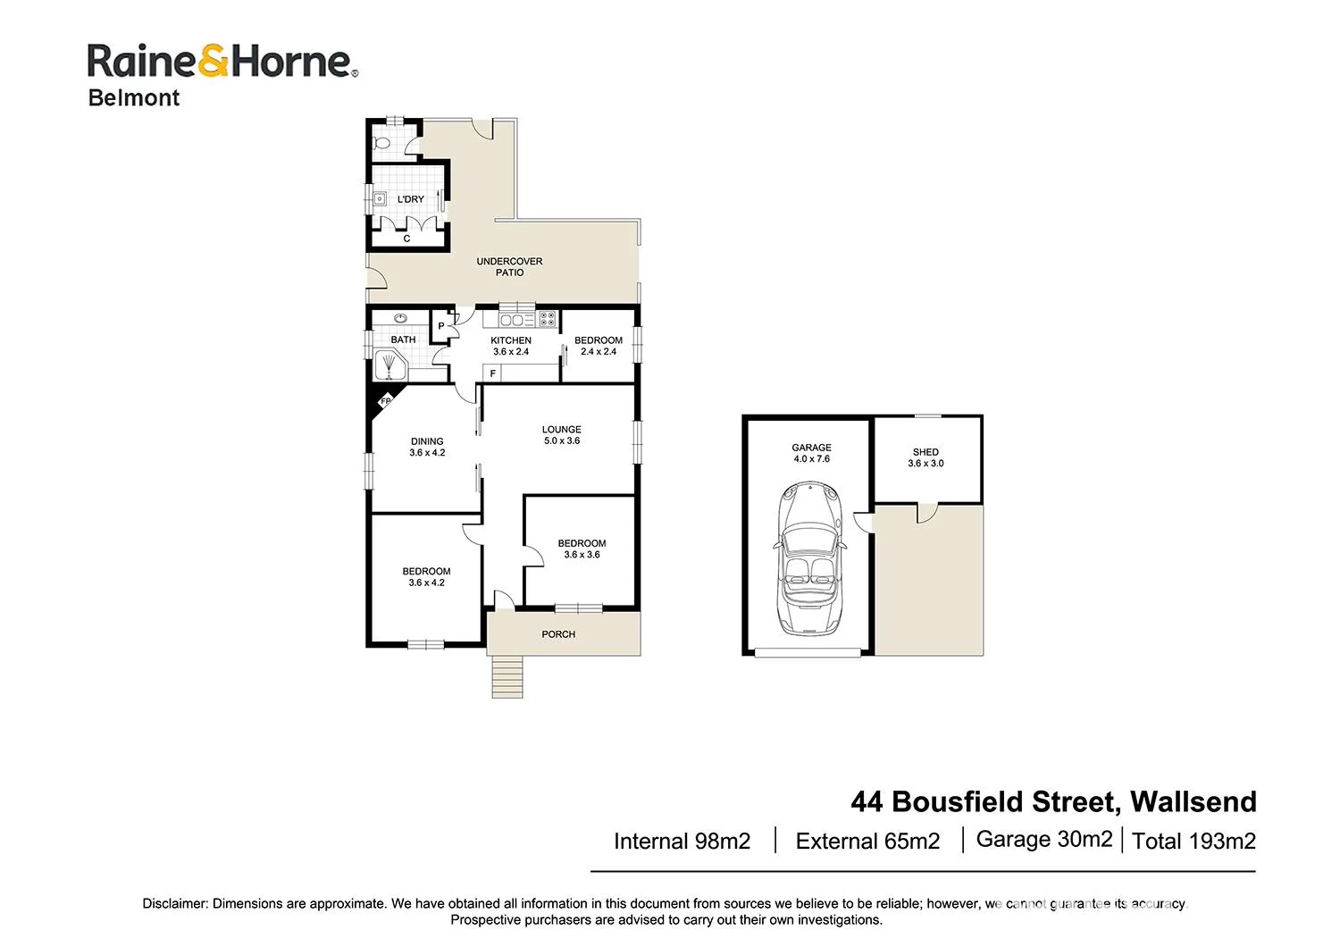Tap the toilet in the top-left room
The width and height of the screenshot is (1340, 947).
381,141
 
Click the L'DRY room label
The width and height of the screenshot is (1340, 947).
411,199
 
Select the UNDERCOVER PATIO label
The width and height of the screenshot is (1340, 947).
509,266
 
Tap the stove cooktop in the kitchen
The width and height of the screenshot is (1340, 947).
547,318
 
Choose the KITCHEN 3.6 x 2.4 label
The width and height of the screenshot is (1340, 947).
511,346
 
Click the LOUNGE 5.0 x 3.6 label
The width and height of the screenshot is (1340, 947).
561,435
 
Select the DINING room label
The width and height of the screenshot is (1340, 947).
427,447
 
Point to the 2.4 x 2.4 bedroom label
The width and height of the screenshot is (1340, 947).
599,346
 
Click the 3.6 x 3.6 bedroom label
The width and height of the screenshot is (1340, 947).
582,549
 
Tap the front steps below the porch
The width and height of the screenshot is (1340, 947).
507,676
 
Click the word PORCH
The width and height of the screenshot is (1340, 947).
558,634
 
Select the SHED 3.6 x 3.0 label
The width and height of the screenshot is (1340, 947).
925,457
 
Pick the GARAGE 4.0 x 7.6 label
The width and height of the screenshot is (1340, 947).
811,453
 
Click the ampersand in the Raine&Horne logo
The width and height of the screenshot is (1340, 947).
217,62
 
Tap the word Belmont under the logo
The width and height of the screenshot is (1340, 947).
134,98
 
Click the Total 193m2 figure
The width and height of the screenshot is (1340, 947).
1193,841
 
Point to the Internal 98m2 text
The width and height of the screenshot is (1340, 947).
682,841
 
